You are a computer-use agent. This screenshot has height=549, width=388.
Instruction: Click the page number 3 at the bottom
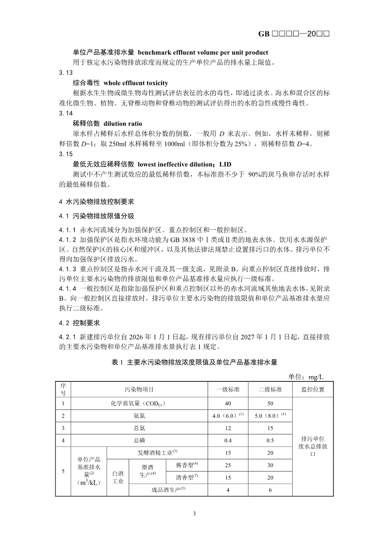[194, 513]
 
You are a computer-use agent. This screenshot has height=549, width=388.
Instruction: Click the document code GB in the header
[264, 34]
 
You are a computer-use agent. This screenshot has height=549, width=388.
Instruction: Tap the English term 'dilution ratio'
[123, 124]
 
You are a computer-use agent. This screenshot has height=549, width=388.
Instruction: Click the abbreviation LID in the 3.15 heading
[225, 164]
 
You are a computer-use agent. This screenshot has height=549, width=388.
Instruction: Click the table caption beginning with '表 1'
[194, 363]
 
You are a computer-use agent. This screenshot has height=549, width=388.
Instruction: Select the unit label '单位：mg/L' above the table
[306, 377]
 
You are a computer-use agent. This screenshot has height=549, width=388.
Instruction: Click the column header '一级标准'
[228, 389]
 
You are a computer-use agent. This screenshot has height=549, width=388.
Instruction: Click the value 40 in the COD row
[228, 403]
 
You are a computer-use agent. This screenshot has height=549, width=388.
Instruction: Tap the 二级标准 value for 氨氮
[270, 416]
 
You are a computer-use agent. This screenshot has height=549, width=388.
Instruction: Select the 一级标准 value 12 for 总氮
[228, 428]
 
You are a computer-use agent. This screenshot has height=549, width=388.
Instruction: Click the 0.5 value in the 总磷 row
[270, 441]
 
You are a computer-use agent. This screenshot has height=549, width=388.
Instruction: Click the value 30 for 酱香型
[270, 465]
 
